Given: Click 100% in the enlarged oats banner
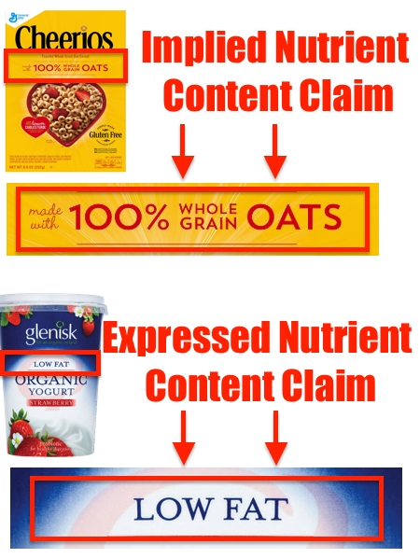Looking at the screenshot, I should pos(119,218).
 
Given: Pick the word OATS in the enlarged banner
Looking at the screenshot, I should pos(298,218).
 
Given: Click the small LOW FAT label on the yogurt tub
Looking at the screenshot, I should pos(52,363).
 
